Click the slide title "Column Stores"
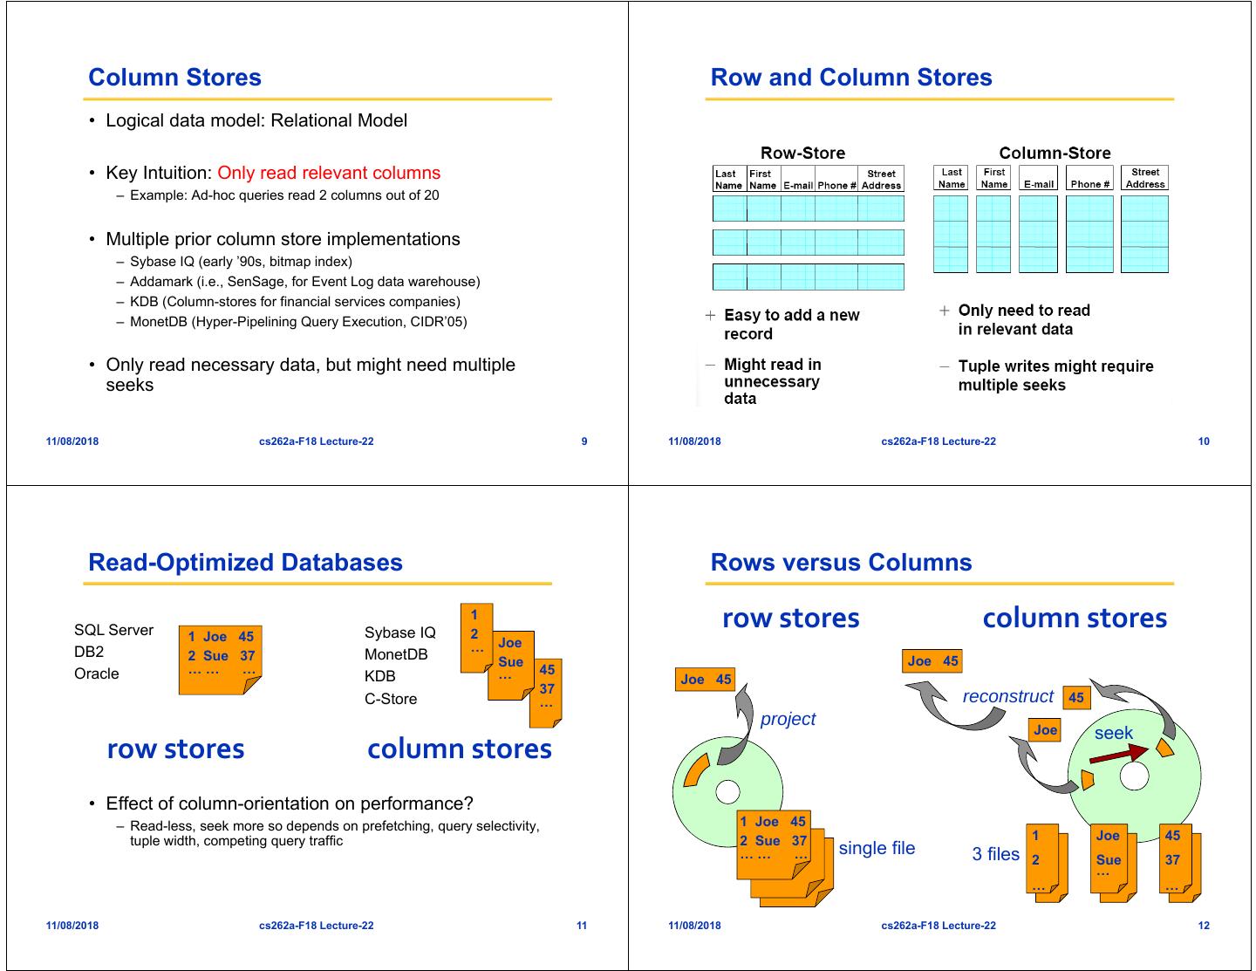point(174,78)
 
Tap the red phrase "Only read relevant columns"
point(329,173)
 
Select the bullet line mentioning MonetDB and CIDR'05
point(298,322)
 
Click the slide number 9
point(584,441)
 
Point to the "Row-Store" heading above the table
point(802,154)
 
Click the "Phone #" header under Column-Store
point(1089,184)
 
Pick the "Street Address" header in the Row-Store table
point(881,180)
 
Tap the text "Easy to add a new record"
point(791,324)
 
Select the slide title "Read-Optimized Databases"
point(245,563)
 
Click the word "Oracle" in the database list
point(97,674)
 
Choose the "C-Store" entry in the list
point(391,699)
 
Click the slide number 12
point(1204,926)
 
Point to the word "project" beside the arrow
point(788,719)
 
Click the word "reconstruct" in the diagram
point(1008,696)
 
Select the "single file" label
point(877,848)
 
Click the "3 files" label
point(995,854)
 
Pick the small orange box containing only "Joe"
point(1045,730)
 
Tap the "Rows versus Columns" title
point(841,563)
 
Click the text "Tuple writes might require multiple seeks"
point(1055,375)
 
